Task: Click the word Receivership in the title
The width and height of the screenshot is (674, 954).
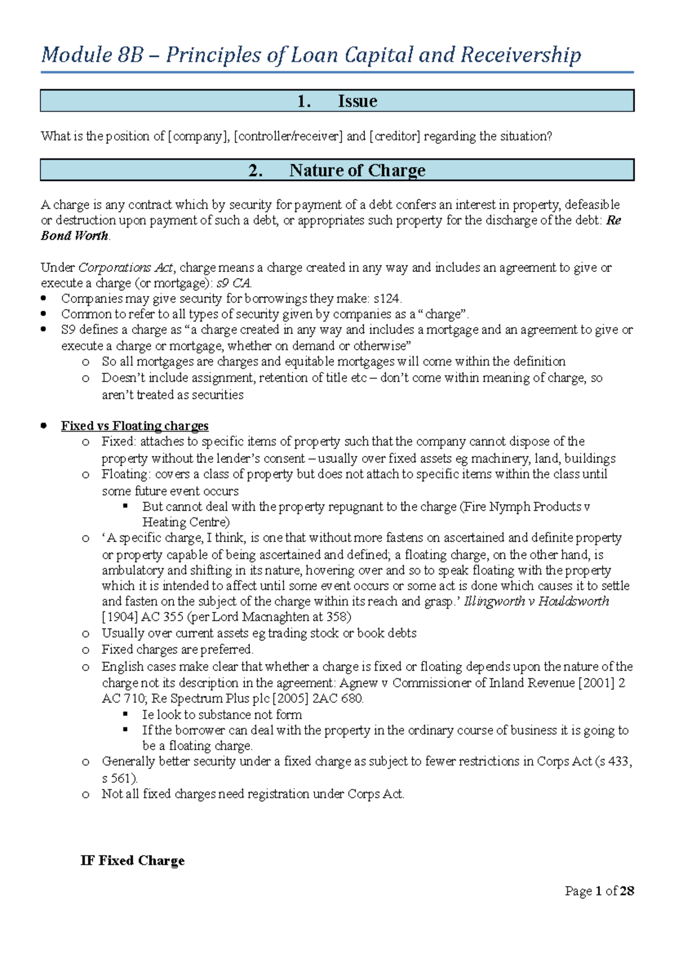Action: [520, 55]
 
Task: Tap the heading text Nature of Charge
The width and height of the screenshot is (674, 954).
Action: [357, 170]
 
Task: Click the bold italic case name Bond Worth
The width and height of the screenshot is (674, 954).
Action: [74, 236]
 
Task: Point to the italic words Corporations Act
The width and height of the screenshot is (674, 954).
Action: [126, 267]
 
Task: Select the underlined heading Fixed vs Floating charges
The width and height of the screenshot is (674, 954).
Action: [135, 426]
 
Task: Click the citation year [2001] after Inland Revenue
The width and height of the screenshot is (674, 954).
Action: [596, 683]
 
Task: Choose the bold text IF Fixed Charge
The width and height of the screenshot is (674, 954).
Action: [133, 861]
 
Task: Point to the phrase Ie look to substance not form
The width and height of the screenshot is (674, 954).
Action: [222, 715]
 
